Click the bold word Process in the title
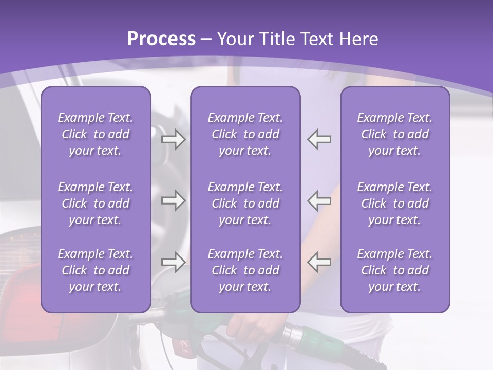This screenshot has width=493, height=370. pyautogui.click(x=161, y=39)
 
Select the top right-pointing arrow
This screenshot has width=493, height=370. pyautogui.click(x=174, y=139)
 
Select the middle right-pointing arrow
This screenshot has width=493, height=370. pyautogui.click(x=174, y=200)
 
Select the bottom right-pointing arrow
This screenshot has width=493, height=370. pyautogui.click(x=174, y=262)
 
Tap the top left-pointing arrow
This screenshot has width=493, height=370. pyautogui.click(x=319, y=139)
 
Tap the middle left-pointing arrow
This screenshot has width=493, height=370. pyautogui.click(x=319, y=200)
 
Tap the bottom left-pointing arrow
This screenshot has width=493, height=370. pyautogui.click(x=319, y=262)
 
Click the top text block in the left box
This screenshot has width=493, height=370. pyautogui.click(x=96, y=134)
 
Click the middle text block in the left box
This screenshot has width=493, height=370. pyautogui.click(x=96, y=203)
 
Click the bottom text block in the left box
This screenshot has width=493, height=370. pyautogui.click(x=96, y=270)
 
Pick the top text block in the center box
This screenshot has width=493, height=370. pyautogui.click(x=245, y=134)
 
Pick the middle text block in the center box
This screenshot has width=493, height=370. pyautogui.click(x=245, y=203)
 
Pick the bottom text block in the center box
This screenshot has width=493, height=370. pyautogui.click(x=245, y=270)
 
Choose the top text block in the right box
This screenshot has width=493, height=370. pyautogui.click(x=394, y=134)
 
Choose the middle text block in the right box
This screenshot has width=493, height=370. pyautogui.click(x=394, y=203)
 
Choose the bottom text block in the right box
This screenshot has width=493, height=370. pyautogui.click(x=394, y=270)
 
